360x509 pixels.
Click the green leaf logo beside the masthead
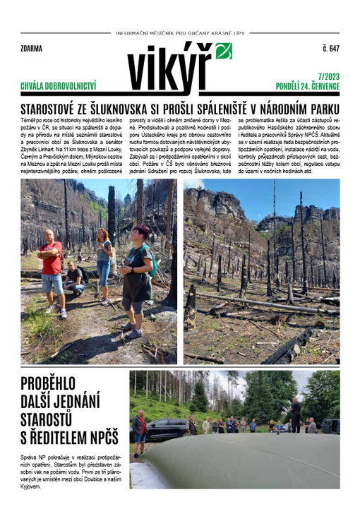pyautogui.click(x=223, y=51)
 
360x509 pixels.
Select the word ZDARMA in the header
pyautogui.click(x=32, y=49)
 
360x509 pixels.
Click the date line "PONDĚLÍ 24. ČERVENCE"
pyautogui.click(x=308, y=86)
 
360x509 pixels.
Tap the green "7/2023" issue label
pyautogui.click(x=326, y=76)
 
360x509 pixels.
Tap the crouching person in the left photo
pyautogui.click(x=74, y=279)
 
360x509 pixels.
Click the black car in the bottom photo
pyautogui.click(x=167, y=427)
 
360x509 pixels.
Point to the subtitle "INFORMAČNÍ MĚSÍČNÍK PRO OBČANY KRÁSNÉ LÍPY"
pyautogui.click(x=179, y=33)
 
